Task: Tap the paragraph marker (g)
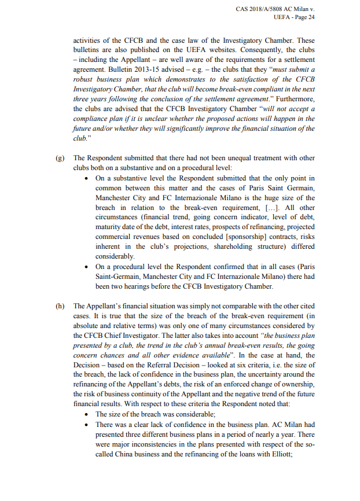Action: pos(60,158)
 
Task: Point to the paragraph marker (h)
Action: pos(60,306)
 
